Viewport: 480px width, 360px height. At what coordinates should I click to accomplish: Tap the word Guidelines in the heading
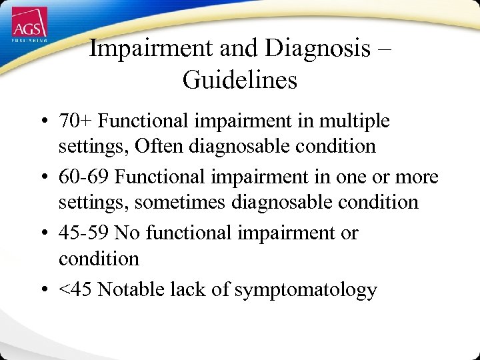pos(239,81)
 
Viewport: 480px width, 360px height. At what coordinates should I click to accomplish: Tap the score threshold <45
pos(75,289)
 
